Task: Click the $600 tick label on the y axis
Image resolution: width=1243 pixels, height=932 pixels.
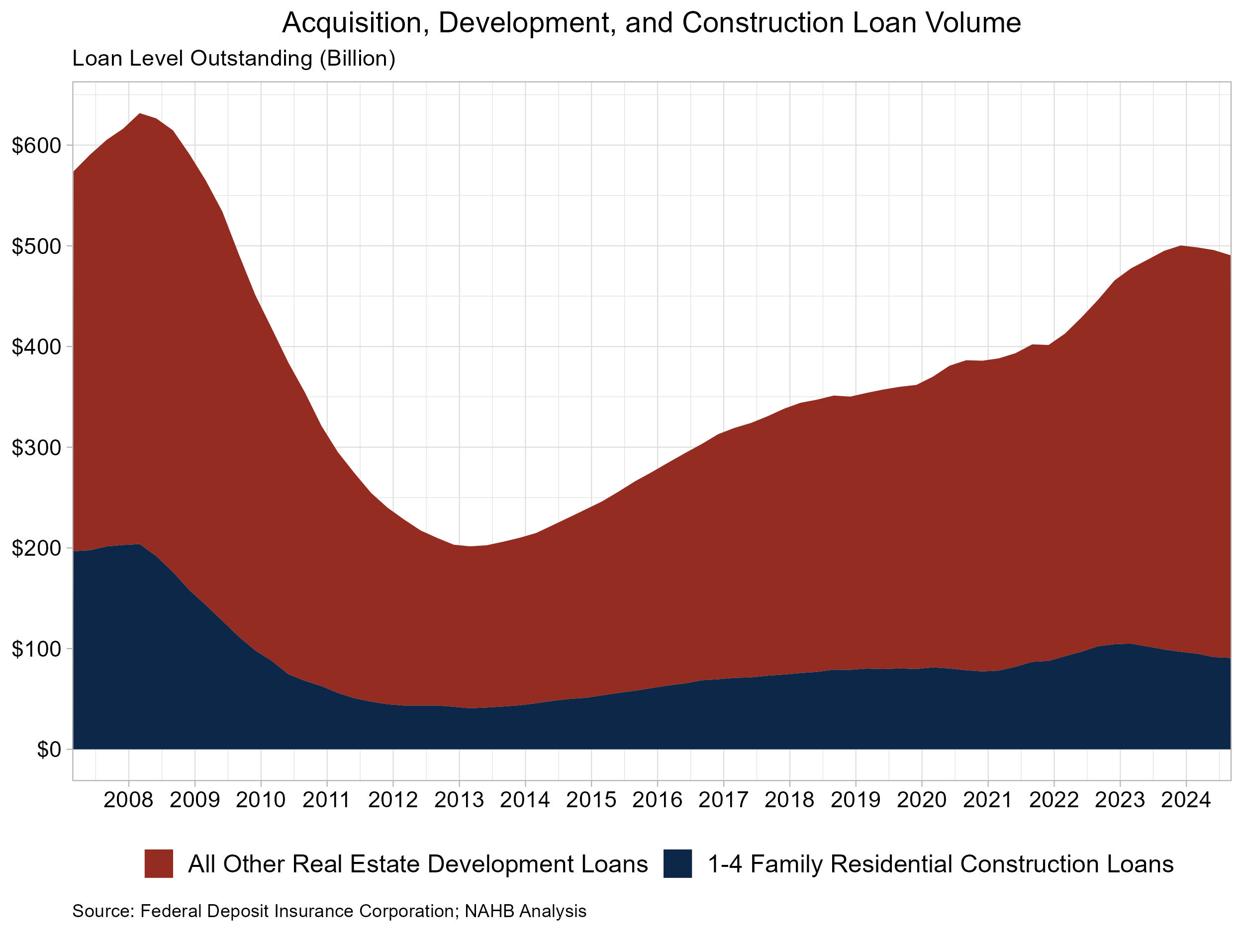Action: click(x=35, y=146)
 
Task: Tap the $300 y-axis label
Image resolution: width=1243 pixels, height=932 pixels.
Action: click(x=35, y=448)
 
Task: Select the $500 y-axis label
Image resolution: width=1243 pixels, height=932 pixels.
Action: click(x=35, y=247)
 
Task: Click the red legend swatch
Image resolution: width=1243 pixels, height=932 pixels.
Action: click(x=159, y=864)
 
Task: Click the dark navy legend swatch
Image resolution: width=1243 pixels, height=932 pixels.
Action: click(x=677, y=864)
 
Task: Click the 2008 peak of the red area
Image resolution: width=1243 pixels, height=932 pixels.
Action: click(x=140, y=114)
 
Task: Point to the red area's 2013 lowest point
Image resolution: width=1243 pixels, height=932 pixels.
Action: click(x=471, y=546)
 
